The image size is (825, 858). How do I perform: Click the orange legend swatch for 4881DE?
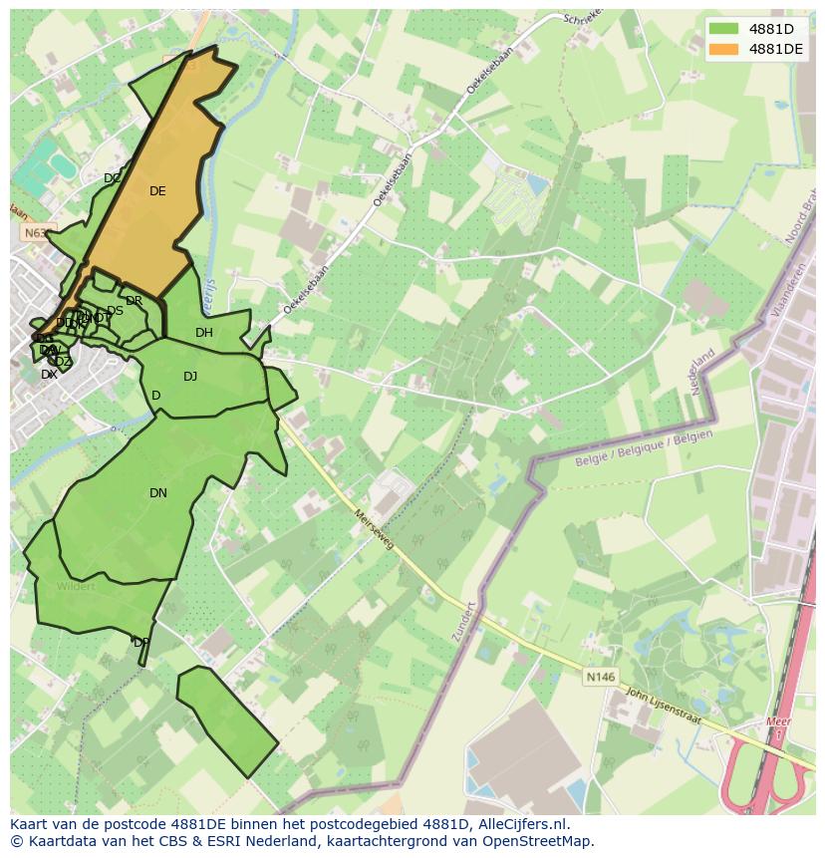click(x=723, y=49)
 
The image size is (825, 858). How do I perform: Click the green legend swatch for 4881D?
click(x=723, y=29)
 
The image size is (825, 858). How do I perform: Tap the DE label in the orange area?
click(x=157, y=191)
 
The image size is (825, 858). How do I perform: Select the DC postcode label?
click(x=112, y=179)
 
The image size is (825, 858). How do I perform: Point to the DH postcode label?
click(x=204, y=333)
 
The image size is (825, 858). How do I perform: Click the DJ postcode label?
click(x=190, y=377)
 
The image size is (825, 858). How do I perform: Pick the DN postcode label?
click(x=158, y=493)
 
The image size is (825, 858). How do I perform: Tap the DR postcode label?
click(x=135, y=301)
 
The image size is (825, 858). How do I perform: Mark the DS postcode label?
click(x=116, y=311)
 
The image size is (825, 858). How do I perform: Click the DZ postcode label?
click(x=64, y=362)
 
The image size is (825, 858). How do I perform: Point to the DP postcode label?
click(x=141, y=643)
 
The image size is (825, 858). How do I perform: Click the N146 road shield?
click(x=600, y=677)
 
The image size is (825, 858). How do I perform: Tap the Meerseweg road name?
click(x=375, y=529)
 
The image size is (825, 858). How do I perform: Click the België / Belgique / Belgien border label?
click(x=644, y=447)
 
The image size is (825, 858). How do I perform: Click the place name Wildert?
click(x=76, y=586)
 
